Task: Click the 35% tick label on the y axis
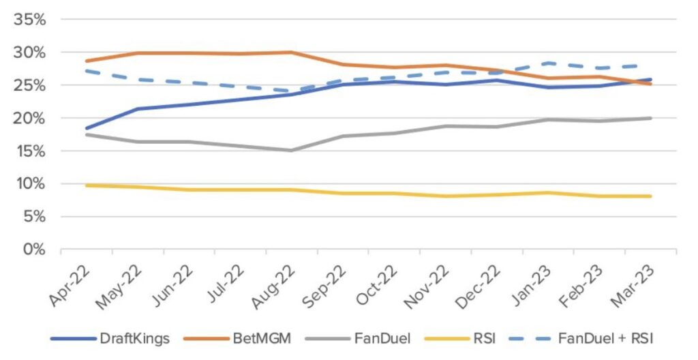click(29, 20)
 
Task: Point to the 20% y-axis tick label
click(29, 118)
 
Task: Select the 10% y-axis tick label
click(29, 184)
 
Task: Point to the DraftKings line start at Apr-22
click(87, 128)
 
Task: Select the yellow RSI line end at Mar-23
click(651, 196)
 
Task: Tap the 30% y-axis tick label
click(29, 52)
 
